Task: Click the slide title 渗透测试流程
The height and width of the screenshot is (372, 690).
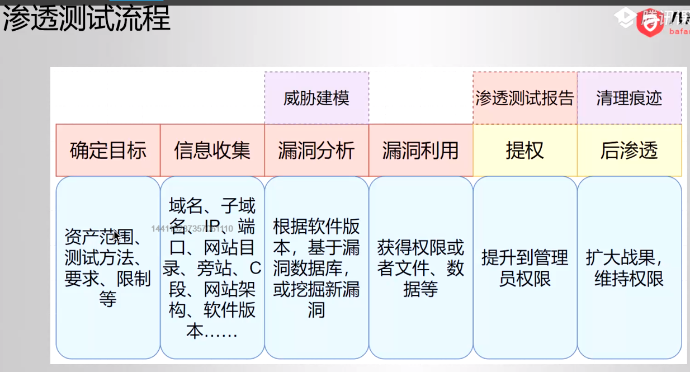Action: click(87, 20)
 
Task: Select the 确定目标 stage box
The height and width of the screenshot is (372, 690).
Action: click(108, 150)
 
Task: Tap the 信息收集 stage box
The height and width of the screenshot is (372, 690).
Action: click(212, 150)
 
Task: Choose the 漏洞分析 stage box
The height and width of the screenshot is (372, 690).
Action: click(316, 150)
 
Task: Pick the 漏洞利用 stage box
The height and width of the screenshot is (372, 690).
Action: click(420, 150)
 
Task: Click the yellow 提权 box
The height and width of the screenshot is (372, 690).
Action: click(524, 150)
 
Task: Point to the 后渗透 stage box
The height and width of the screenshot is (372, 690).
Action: click(629, 150)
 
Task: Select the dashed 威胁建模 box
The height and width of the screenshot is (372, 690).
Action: click(316, 98)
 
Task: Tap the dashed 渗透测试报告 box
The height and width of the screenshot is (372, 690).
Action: click(524, 98)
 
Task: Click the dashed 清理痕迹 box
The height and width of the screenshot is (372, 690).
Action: click(629, 98)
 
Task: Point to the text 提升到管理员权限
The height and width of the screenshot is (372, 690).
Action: click(524, 268)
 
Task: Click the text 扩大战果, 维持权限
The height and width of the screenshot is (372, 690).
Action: click(628, 268)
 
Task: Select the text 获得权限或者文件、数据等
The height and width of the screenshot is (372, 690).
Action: click(420, 268)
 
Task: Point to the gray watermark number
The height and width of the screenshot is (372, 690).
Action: click(192, 228)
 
